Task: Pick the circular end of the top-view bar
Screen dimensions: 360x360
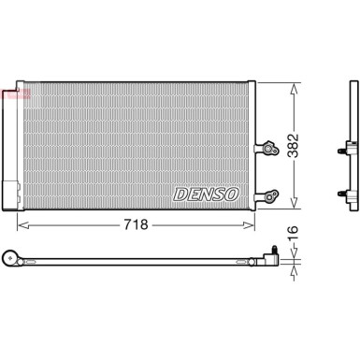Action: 12,255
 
